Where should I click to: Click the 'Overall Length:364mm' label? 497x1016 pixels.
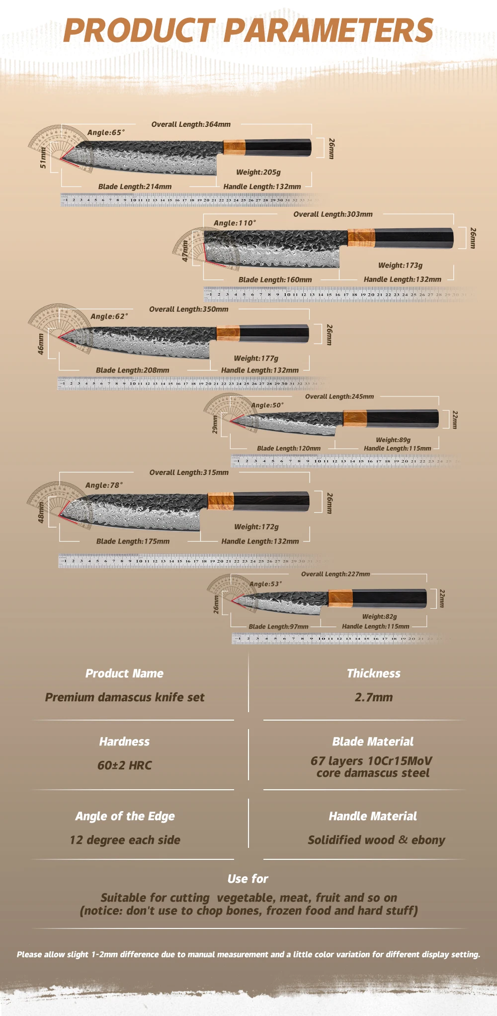pos(191,124)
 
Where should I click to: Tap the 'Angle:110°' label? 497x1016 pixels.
pos(235,223)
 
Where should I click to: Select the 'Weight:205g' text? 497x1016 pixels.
pos(258,172)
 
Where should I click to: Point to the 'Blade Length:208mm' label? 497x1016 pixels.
pos(132,370)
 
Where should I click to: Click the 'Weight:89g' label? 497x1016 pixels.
pos(393,440)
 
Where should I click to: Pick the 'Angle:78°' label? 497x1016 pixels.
pos(104,485)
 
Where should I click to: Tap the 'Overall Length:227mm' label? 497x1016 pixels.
pos(335,574)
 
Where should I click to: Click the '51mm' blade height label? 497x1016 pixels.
pos(43,158)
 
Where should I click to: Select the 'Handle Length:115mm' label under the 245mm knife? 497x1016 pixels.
pos(397,448)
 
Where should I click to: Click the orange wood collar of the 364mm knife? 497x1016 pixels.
pos(234,147)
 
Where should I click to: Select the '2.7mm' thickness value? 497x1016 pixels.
pos(374,697)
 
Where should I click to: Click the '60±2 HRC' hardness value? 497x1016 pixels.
pos(125,765)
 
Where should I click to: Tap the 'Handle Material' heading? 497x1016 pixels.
pos(373,816)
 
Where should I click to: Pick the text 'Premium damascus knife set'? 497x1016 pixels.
pos(125,697)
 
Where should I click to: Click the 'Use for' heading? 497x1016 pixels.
pos(248,879)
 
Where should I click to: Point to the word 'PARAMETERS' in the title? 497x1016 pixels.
pos(329,31)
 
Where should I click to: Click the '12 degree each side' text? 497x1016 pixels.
pos(125,840)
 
